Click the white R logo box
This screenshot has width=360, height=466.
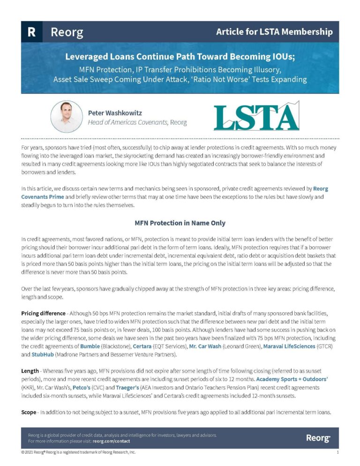31,32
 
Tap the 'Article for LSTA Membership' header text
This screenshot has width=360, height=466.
274,32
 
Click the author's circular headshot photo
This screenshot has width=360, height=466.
67,116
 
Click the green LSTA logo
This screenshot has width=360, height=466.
256,116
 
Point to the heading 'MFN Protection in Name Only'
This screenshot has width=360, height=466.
180,223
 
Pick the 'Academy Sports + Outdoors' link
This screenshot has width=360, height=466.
289,378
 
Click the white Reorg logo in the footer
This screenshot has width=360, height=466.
318,438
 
